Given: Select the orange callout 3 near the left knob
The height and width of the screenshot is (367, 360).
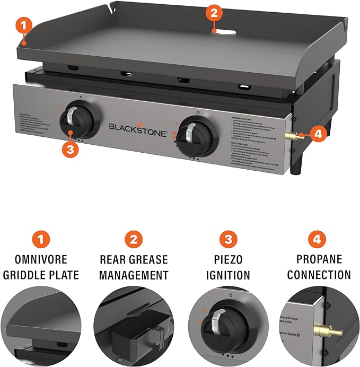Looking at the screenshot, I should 71,149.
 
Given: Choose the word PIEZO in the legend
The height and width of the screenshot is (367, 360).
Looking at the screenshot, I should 228,260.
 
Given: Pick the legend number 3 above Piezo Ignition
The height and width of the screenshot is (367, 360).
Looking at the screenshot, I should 228,239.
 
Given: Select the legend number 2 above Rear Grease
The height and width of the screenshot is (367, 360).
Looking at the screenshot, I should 133,239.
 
